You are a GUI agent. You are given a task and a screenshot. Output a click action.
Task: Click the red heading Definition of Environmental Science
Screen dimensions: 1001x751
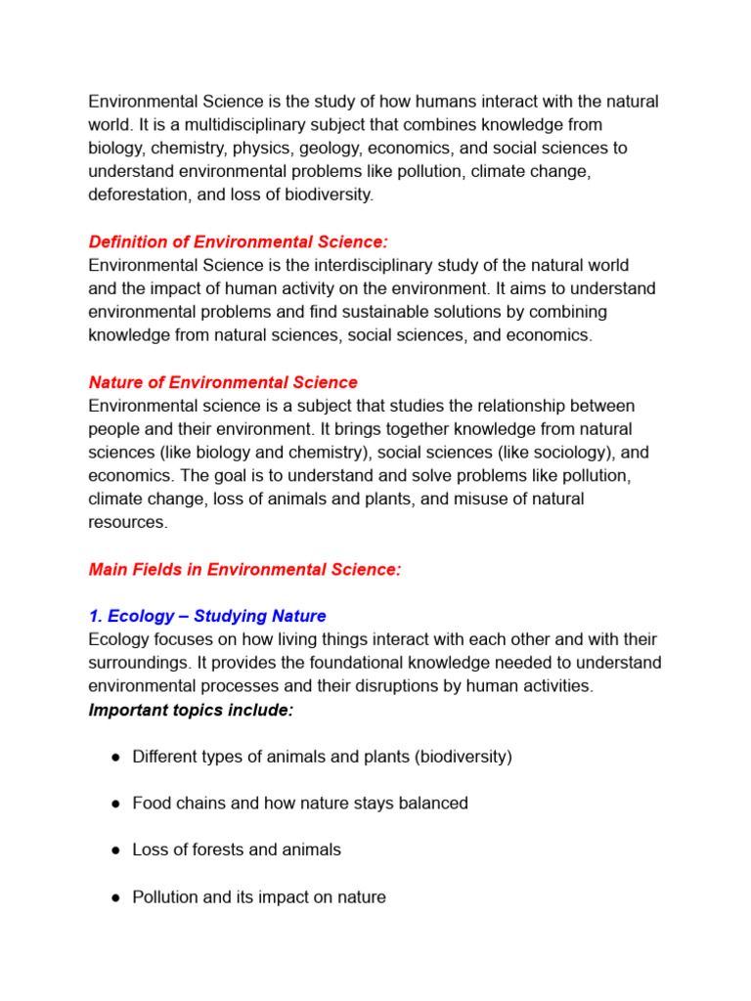click(x=238, y=241)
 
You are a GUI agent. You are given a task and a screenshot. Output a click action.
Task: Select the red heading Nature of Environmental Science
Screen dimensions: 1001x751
click(x=223, y=382)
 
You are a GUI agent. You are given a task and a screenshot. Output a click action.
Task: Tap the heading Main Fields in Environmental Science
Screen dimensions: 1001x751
click(x=244, y=570)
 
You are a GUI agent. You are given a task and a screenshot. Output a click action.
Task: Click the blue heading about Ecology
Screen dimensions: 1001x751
click(x=207, y=617)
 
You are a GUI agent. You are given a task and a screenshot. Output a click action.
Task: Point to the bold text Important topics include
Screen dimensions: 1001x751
click(x=191, y=711)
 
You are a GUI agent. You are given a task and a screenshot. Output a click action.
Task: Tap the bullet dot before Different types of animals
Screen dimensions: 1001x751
click(x=114, y=758)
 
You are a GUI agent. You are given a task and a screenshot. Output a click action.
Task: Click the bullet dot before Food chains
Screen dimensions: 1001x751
click(x=114, y=804)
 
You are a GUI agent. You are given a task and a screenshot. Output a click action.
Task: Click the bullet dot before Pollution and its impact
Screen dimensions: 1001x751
click(x=114, y=897)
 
